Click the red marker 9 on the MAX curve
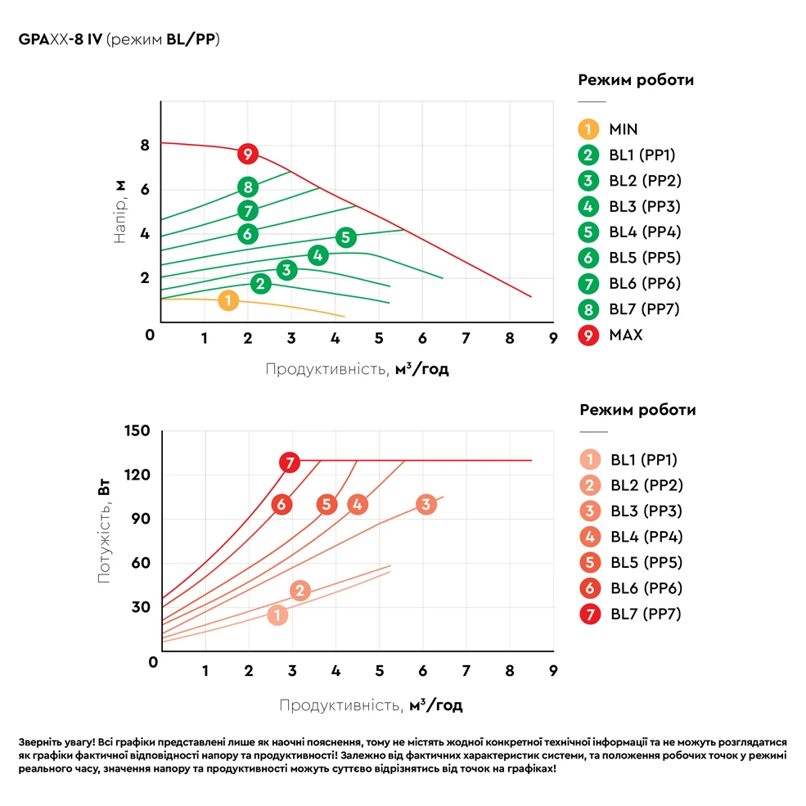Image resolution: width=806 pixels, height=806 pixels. tap(248, 154)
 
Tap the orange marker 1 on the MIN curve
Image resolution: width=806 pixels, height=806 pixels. tap(228, 301)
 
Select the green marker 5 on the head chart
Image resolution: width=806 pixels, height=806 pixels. tap(345, 237)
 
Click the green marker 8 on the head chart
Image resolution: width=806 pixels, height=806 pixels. tap(248, 187)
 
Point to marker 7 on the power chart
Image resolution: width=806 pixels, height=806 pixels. tap(289, 462)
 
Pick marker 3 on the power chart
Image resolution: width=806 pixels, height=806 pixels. tap(425, 504)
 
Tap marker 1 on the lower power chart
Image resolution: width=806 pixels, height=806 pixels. tap(277, 615)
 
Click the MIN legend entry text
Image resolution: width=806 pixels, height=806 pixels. tap(623, 129)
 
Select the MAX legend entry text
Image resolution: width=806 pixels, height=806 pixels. tap(625, 335)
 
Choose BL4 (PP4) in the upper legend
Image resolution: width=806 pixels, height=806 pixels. tap(644, 232)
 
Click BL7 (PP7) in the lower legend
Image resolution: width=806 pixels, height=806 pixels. tap(646, 614)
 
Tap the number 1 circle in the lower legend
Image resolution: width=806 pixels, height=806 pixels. tap(588, 460)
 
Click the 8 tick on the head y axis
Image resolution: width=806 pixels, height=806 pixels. tap(145, 146)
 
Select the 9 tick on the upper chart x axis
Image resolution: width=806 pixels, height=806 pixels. tap(552, 337)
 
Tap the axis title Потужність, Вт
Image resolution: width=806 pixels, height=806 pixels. tap(104, 532)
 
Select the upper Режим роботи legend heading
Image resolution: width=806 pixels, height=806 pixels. tap(636, 80)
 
